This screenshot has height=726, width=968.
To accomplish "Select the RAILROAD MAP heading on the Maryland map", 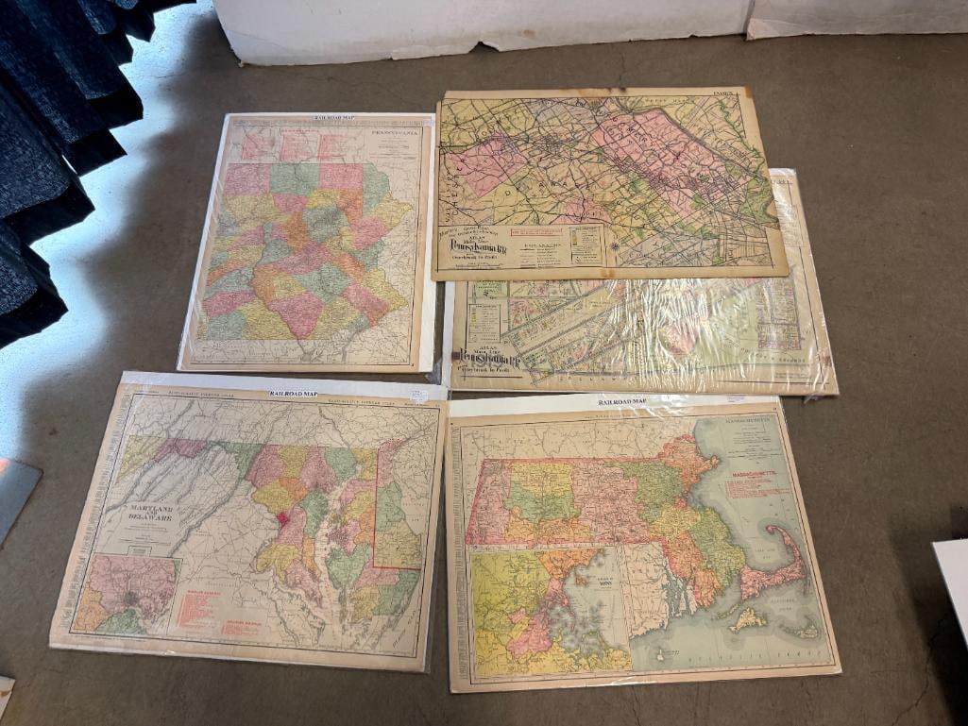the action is click(293, 394).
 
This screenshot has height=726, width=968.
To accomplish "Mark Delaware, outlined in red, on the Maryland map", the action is click(397, 519).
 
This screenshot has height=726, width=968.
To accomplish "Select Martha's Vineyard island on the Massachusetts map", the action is click(749, 618).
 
